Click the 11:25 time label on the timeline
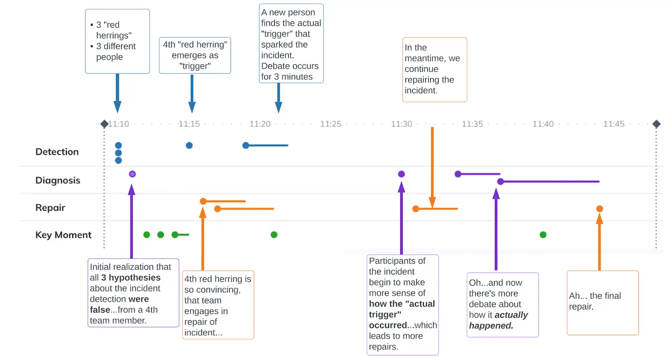tap(331, 124)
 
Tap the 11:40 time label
tap(543, 124)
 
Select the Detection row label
tap(57, 152)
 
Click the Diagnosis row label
tap(58, 180)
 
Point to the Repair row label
tap(50, 208)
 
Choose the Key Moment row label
tap(63, 235)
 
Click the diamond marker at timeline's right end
tap(656, 124)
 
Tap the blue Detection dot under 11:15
tap(189, 145)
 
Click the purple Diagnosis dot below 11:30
tap(402, 174)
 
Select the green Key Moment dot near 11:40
tap(543, 235)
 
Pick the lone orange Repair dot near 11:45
tap(600, 209)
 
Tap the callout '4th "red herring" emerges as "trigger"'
tap(195, 55)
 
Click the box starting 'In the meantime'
tap(434, 69)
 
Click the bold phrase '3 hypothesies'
tap(131, 278)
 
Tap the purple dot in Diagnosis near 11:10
tap(132, 174)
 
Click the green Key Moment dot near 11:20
tap(274, 235)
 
